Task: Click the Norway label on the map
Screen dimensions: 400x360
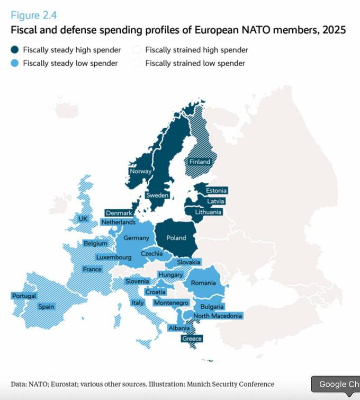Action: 141,171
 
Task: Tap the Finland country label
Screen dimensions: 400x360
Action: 200,162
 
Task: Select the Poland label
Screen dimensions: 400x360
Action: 176,238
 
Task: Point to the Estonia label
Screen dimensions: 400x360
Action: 216,191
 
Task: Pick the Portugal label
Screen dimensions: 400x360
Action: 24,296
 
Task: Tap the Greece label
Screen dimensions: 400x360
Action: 192,339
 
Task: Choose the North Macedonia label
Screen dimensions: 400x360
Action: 218,316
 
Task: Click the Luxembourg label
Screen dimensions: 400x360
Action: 113,257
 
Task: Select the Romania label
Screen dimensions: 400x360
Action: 203,283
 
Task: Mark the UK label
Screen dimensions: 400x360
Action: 83,219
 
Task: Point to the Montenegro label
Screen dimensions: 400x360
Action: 171,303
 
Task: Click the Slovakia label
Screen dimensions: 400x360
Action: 189,262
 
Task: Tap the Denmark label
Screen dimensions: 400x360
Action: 119,213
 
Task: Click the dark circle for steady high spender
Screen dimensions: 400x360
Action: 15,50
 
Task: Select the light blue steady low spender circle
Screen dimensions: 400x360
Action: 15,64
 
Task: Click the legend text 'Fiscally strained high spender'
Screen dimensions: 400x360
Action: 196,50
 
